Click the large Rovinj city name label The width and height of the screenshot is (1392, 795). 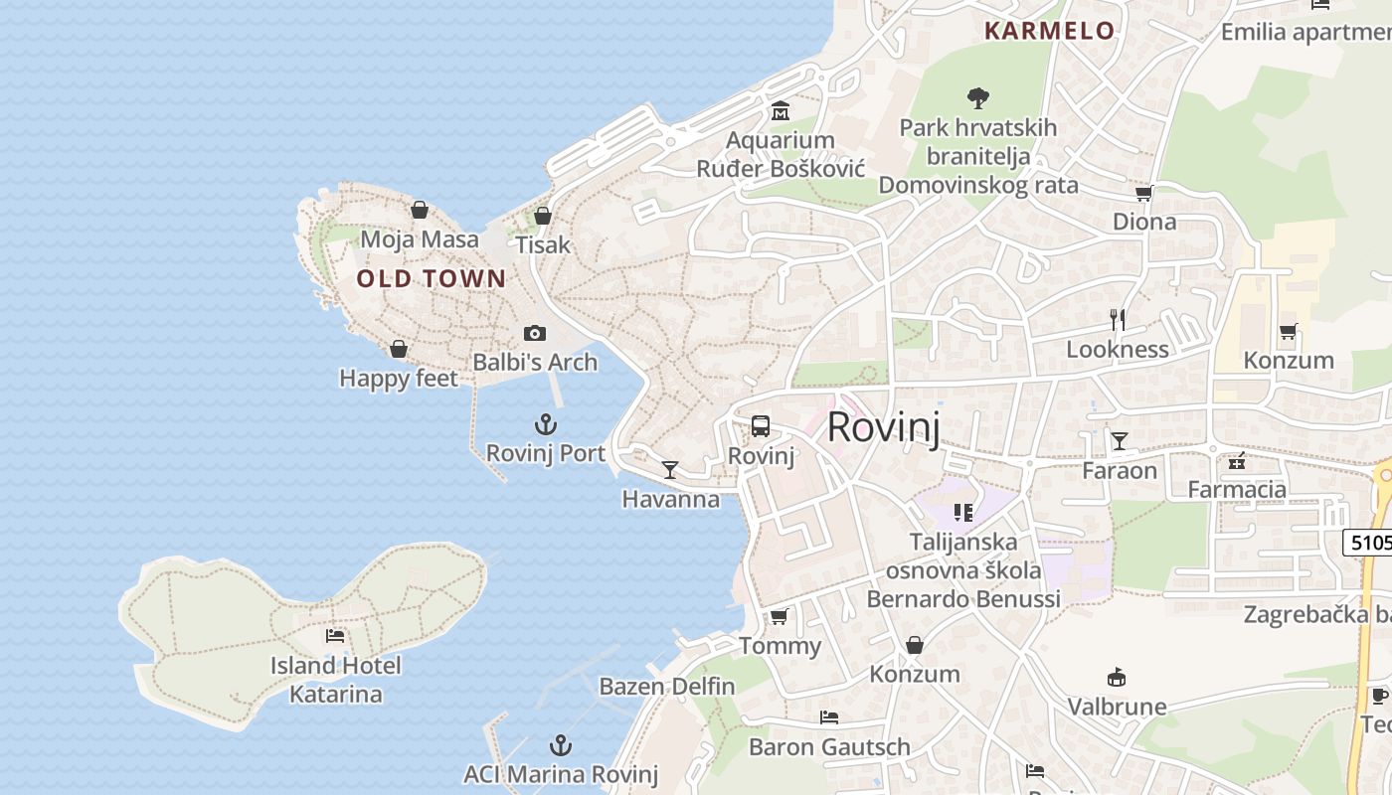[x=883, y=427]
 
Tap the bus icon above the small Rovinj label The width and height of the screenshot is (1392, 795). [x=761, y=426]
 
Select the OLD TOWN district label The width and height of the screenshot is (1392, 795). [x=432, y=279]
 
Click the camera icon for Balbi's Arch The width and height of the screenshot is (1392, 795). [x=535, y=333]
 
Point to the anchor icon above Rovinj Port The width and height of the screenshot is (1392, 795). [x=545, y=425]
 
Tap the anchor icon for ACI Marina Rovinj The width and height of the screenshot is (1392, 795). [x=561, y=745]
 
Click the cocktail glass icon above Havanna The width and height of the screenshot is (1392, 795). [x=670, y=469]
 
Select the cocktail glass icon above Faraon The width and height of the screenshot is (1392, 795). [x=1120, y=440]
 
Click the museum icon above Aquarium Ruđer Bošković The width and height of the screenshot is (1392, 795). [x=781, y=111]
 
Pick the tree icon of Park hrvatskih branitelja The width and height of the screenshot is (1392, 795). [x=978, y=97]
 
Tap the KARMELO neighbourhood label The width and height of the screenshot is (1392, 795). [x=1049, y=31]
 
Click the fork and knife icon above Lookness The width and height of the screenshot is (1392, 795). [x=1118, y=319]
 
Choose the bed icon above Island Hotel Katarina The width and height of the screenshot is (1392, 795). [x=335, y=636]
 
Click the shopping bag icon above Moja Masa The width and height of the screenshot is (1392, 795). [x=420, y=210]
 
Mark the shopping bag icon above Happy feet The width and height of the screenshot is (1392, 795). [x=399, y=349]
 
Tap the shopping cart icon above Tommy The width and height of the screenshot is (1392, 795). [x=780, y=616]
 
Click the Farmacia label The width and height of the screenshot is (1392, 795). [x=1237, y=489]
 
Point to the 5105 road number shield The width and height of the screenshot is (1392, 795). [x=1368, y=543]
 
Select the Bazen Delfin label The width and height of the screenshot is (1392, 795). [x=666, y=687]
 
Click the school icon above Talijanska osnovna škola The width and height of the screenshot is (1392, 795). [x=962, y=513]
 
